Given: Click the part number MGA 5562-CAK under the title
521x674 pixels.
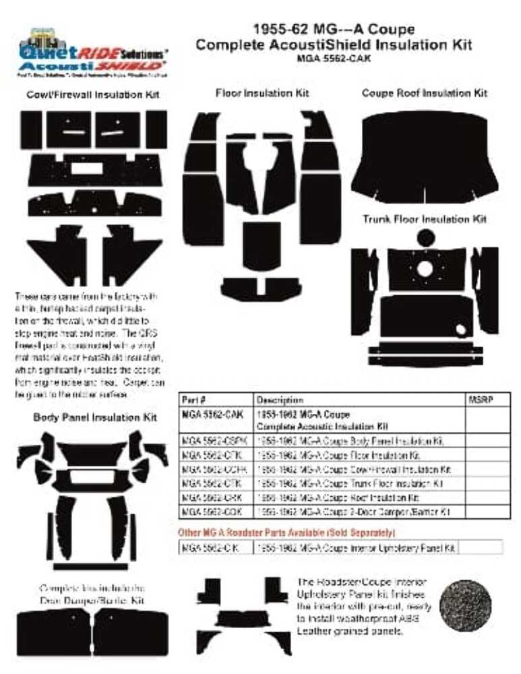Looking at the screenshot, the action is tap(333, 58).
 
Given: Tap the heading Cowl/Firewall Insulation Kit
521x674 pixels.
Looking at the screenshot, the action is tap(93, 95).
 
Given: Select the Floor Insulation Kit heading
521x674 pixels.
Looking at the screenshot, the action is tap(262, 93).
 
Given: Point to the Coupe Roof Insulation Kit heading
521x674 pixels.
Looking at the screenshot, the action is tap(424, 93).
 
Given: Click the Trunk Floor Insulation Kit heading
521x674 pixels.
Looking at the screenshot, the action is tap(424, 219).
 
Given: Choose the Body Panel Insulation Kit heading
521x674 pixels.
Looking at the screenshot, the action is tap(95, 418).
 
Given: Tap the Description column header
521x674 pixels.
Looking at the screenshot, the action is tap(279, 400).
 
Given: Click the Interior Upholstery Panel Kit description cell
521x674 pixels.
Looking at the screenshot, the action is tap(355, 548).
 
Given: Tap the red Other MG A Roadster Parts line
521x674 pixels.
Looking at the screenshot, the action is tap(286, 533).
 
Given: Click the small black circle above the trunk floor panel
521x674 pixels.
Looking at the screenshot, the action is tap(425, 238).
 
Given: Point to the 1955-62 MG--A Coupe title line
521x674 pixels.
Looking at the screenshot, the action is tap(333, 29).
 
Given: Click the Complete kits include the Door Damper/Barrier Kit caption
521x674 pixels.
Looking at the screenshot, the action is tap(92, 594).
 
